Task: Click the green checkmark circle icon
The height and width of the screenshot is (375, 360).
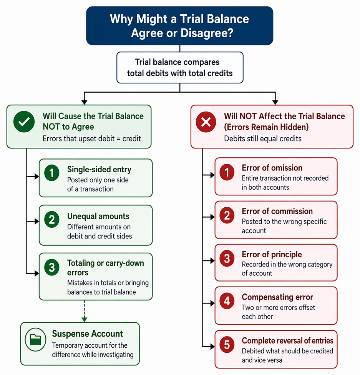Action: tap(24, 122)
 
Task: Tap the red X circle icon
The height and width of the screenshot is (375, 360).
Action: tap(206, 122)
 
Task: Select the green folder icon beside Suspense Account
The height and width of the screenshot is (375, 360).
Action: tap(36, 339)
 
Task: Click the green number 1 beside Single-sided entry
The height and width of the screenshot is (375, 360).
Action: tap(52, 173)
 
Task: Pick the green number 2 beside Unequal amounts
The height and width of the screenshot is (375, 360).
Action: tap(52, 219)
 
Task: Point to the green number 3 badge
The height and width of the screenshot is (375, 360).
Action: tap(52, 267)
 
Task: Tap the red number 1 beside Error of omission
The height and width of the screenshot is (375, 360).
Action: tap(227, 172)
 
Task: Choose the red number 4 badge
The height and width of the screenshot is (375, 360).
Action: tap(227, 301)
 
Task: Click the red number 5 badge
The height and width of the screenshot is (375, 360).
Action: tap(227, 345)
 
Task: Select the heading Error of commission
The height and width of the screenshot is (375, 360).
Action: tap(277, 211)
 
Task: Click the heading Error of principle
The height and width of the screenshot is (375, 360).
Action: tap(272, 255)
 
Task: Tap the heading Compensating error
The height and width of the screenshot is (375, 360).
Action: tap(277, 297)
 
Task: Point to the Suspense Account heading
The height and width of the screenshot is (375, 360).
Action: tap(88, 333)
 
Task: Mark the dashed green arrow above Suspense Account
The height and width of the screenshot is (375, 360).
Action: tap(84, 311)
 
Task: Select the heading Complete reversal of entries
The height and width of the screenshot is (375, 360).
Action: tap(288, 340)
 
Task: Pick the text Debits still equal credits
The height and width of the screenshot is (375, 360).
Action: tap(263, 138)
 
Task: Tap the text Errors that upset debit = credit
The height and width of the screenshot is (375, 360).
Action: tap(92, 138)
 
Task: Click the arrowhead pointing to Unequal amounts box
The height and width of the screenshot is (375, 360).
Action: tap(37, 221)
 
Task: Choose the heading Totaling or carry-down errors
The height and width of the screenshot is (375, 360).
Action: tap(106, 268)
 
